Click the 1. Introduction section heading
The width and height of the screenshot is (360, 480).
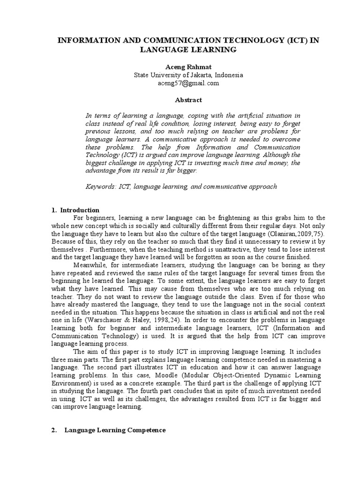coord(75,210)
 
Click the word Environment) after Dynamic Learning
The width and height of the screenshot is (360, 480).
coord(68,383)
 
